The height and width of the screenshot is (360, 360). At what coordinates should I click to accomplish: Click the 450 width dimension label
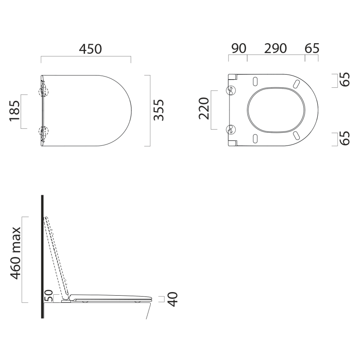point(90,49)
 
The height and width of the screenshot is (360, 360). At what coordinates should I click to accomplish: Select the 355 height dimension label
point(159,110)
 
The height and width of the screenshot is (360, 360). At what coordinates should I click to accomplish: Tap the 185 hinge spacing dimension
point(14,111)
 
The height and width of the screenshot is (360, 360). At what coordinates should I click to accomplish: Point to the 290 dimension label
point(275,49)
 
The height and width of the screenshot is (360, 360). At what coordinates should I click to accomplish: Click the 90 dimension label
point(238,49)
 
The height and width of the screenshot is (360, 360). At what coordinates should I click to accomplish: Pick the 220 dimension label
point(204,109)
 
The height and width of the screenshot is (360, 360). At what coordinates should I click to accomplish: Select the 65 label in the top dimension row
point(312,49)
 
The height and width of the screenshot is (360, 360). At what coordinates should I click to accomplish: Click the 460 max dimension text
point(16,253)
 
